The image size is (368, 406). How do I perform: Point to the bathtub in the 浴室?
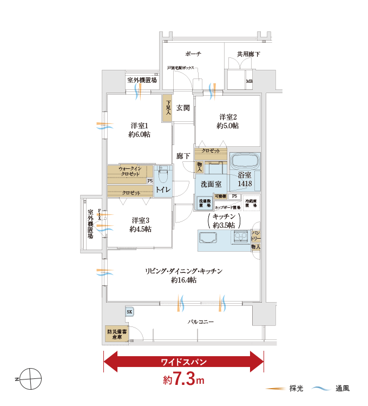[245, 161]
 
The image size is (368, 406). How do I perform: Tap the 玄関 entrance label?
[183, 108]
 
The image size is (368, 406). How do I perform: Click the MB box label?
[249, 82]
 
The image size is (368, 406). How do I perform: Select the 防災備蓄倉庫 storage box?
[116, 334]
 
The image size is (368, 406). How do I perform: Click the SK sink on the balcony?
[129, 312]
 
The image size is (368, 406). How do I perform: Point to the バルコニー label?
[201, 322]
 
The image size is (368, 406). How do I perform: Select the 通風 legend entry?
[332, 388]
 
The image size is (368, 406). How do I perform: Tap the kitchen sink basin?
[208, 238]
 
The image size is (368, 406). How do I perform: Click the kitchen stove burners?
[240, 237]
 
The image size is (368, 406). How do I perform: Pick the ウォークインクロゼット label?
[130, 172]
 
